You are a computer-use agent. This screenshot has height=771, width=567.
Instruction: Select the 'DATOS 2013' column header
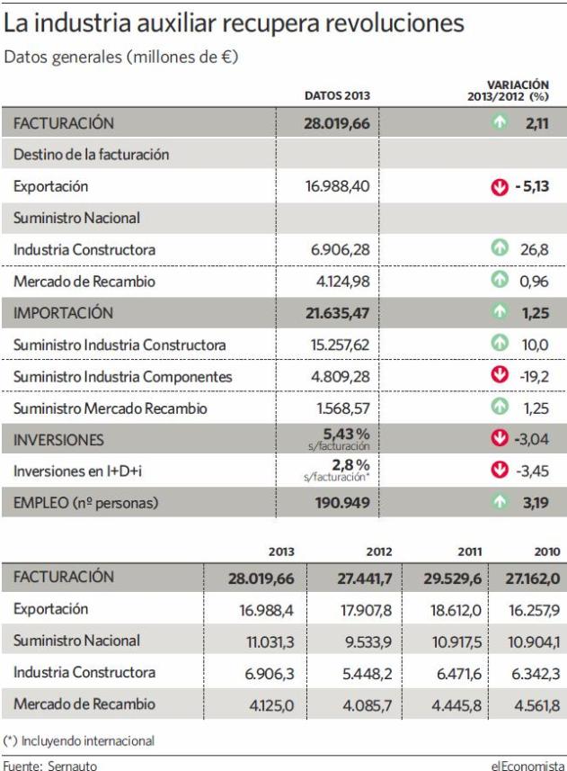[x=337, y=95]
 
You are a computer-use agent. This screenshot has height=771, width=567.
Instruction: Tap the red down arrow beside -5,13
[x=500, y=187]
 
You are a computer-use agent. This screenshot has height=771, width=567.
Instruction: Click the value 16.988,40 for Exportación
[x=337, y=186]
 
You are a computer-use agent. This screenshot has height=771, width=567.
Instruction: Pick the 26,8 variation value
[x=534, y=250]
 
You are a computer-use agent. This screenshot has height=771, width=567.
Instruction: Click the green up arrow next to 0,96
[x=500, y=280]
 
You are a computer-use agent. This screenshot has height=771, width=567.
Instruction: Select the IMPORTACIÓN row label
[x=63, y=313]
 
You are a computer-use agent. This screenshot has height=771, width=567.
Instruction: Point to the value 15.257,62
[x=340, y=345]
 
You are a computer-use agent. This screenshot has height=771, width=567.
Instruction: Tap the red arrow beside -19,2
[x=500, y=374]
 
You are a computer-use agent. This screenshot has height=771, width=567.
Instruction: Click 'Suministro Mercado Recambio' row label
[x=111, y=408]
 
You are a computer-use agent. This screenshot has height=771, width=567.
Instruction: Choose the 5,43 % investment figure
[x=346, y=435]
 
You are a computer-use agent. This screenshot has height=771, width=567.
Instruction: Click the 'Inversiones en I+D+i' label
[x=77, y=471]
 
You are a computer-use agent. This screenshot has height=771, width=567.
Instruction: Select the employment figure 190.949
[x=342, y=503]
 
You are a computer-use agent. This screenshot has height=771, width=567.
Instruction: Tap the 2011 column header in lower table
[x=470, y=551]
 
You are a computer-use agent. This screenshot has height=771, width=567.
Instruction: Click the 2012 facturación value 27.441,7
[x=364, y=578]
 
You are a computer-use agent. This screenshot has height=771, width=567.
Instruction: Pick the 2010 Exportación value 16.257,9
[x=534, y=610]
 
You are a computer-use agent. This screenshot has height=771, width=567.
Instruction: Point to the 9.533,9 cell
[x=368, y=641]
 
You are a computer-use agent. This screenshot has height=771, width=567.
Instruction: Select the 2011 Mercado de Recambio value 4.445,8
[x=456, y=705]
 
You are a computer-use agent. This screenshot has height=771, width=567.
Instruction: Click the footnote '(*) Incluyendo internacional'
[x=79, y=741]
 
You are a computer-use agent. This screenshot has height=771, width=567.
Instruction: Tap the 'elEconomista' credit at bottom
[x=527, y=765]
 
